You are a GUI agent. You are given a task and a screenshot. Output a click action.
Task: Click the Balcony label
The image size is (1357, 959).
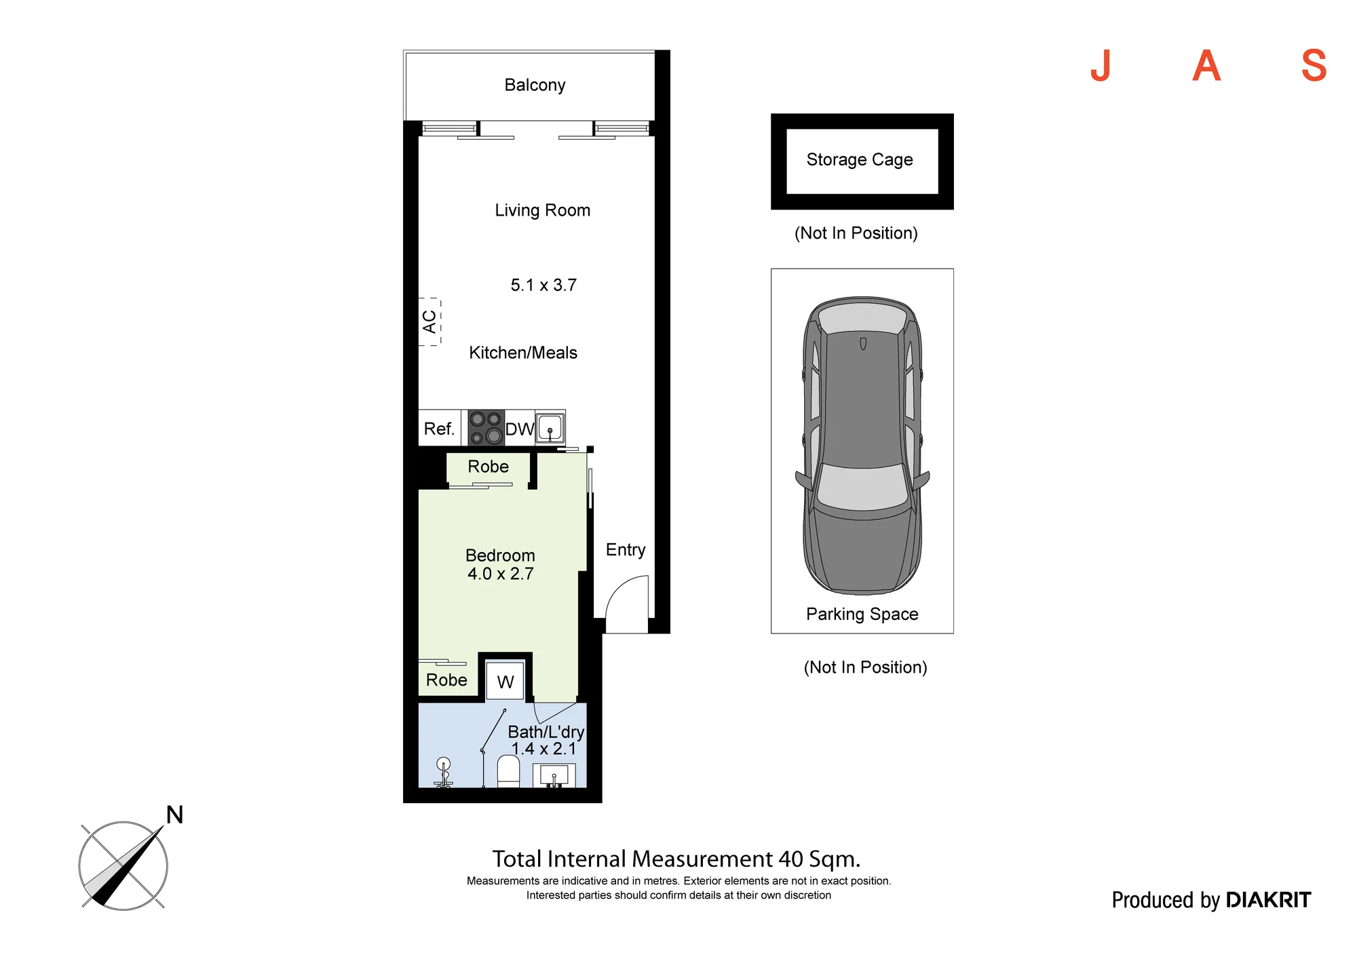535,85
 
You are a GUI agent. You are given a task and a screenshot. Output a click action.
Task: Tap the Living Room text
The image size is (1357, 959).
542,210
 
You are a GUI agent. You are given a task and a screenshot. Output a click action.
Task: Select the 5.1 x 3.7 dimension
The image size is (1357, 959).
543,285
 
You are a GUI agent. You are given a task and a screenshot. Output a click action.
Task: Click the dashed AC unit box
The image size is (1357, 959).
429,321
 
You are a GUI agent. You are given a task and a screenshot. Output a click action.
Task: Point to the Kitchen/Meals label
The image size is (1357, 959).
523,353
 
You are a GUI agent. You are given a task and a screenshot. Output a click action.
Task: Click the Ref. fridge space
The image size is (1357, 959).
440,428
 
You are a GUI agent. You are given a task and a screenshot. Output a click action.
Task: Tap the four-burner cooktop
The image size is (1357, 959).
486,428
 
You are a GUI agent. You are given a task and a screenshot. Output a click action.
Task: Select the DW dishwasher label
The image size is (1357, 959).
520,429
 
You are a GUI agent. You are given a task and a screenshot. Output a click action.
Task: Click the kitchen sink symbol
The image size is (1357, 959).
550,428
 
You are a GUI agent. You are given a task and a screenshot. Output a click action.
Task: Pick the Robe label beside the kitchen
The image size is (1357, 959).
488,467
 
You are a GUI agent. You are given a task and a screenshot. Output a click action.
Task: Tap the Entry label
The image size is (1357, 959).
626,550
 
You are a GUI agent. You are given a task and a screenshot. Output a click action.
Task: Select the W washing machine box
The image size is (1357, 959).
505,680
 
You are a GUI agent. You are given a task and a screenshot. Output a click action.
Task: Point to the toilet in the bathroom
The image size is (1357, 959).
508,772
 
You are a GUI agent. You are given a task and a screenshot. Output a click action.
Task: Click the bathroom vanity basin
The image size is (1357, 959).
554,775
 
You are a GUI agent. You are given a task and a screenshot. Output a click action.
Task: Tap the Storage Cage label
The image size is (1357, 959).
860,160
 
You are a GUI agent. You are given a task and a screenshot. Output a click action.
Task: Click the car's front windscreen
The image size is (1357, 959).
862,486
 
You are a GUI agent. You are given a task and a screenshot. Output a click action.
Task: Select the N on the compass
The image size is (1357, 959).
175,815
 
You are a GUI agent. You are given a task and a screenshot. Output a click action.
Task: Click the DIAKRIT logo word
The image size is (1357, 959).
1269,900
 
